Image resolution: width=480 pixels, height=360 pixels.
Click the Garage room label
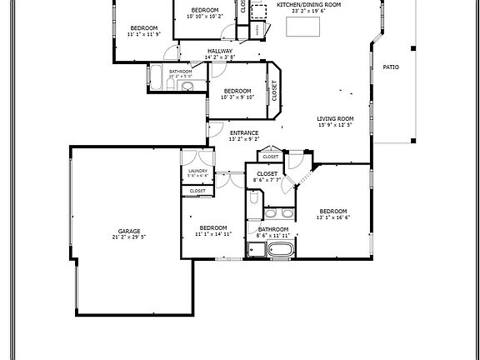[x=128, y=231]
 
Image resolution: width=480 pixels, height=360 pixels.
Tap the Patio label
[x=390, y=67]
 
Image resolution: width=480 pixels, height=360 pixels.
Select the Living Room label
[x=335, y=118]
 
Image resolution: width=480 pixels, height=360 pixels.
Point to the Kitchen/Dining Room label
[x=309, y=4]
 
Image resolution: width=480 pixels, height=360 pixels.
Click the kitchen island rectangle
[x=303, y=26]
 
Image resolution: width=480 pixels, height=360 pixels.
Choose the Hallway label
[x=220, y=51]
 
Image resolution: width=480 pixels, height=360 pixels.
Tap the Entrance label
[x=244, y=132]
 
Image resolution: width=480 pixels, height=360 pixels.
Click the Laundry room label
[x=197, y=171]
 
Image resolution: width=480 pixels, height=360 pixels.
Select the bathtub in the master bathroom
[x=280, y=248]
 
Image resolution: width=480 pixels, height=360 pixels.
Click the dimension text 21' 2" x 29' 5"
[x=128, y=237]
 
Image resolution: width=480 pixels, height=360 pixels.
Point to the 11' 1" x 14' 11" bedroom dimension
[x=213, y=234]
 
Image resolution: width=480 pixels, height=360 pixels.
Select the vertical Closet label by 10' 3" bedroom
[x=274, y=90]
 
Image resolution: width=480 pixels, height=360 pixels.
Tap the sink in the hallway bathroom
[x=187, y=85]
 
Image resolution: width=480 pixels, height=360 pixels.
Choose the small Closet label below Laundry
[x=197, y=191]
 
